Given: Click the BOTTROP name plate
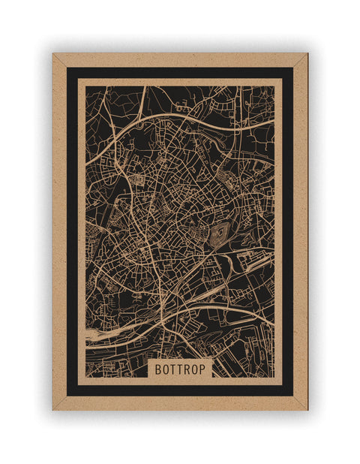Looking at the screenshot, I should (x=180, y=369).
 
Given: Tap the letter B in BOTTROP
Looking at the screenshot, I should (x=158, y=369).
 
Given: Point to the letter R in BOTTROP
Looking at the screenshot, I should (x=187, y=369).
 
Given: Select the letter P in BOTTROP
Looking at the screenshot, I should (x=202, y=369).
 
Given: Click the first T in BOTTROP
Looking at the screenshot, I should (x=172, y=369).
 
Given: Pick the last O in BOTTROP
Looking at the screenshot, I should (x=194, y=369).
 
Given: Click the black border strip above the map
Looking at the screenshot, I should (x=180, y=73).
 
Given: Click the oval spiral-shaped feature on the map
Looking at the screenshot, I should (x=220, y=234).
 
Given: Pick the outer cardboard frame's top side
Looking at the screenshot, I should (x=180, y=60).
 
